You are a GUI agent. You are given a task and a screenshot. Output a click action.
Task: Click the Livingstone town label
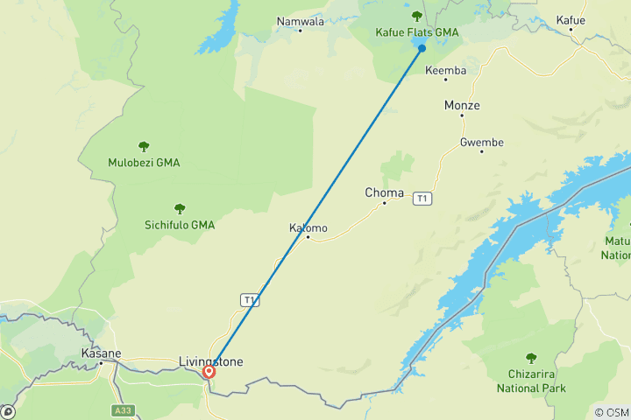tap(210, 361)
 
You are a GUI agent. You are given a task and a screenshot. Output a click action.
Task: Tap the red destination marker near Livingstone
tap(209, 372)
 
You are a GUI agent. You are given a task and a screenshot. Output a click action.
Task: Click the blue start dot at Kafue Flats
tap(422, 48)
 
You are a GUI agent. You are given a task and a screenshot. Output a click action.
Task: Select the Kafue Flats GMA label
tap(417, 32)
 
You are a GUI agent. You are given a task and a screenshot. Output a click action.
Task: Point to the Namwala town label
tap(300, 21)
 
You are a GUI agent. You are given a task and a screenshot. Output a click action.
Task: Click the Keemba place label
tap(445, 70)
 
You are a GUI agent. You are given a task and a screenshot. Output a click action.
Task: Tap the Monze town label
tap(462, 106)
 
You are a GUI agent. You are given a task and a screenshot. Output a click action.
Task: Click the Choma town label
tap(385, 192)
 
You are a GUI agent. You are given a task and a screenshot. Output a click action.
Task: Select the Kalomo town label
tap(308, 228)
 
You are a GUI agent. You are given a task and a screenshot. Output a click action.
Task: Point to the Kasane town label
tap(100, 353)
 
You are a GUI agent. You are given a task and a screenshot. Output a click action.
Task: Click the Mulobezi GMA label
tap(144, 163)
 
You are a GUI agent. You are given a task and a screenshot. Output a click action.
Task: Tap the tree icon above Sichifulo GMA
tap(180, 209)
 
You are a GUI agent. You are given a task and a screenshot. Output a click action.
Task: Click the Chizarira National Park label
tap(531, 382)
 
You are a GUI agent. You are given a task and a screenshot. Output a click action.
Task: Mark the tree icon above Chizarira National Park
tap(531, 358)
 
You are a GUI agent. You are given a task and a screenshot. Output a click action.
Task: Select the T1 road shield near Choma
tap(423, 199)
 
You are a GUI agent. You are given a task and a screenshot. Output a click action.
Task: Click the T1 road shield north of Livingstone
tap(251, 300)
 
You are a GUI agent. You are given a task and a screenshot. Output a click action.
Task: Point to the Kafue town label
tap(571, 18)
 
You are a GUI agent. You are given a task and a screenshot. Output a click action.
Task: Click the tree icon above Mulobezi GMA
tap(144, 146)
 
